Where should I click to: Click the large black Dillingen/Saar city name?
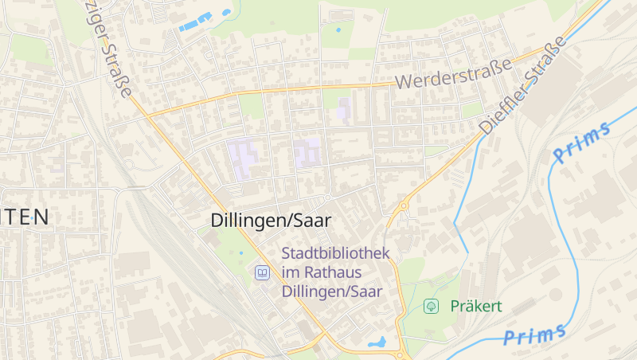click(x=271, y=221)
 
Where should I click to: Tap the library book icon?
click(x=261, y=273)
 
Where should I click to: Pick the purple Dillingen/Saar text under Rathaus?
click(x=332, y=292)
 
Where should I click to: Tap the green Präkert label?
click(x=475, y=306)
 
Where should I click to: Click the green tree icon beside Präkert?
click(x=431, y=306)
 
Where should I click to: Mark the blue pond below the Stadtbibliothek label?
click(x=377, y=342)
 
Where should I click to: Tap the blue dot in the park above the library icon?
click(x=241, y=253)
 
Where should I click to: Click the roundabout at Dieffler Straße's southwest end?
click(x=404, y=205)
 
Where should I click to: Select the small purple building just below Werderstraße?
click(x=344, y=108)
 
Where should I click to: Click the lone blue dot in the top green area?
click(x=338, y=30)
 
